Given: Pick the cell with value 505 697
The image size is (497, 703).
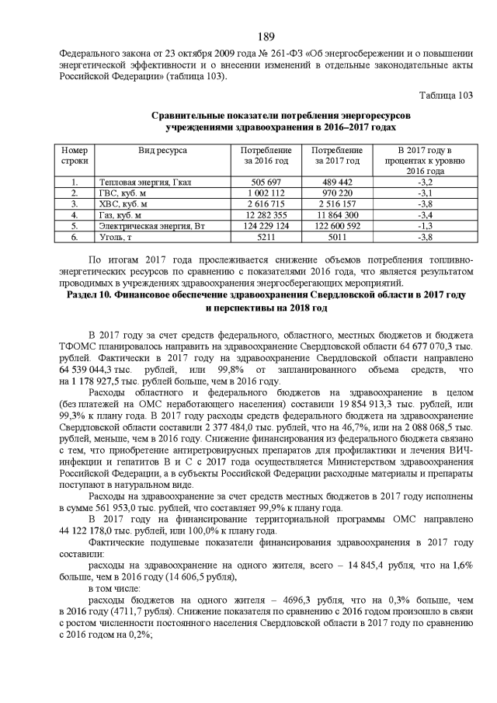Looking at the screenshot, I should pyautogui.click(x=266, y=182).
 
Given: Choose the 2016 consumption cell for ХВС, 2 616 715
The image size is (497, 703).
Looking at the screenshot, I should pyautogui.click(x=266, y=204).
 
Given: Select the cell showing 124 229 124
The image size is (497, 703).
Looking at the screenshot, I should pyautogui.click(x=266, y=225).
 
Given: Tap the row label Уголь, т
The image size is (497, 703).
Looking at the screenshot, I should pyautogui.click(x=116, y=236).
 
